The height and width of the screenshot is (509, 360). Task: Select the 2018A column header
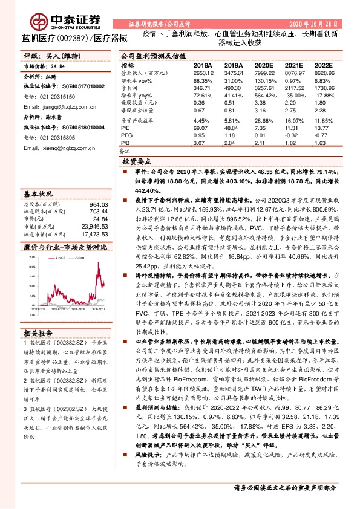pyautogui.click(x=202, y=65)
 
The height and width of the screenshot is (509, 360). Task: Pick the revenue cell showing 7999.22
pyautogui.click(x=264, y=73)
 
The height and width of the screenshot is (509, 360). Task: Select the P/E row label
pyautogui.click(x=125, y=129)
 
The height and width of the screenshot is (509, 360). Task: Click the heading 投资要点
pyautogui.click(x=137, y=162)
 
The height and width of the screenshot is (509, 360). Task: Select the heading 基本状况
pyautogui.click(x=38, y=194)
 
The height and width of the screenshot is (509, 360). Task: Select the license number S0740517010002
pyautogui.click(x=84, y=86)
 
